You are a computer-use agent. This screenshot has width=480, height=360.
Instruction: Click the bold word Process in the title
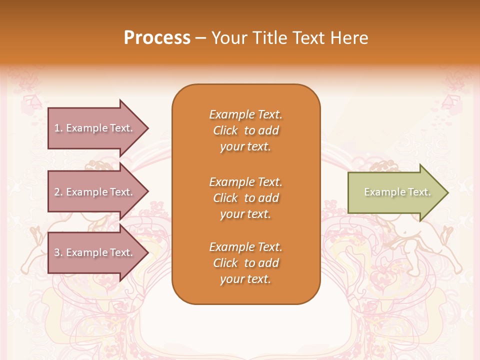click(x=157, y=38)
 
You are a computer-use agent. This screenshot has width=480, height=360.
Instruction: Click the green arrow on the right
click(x=395, y=192)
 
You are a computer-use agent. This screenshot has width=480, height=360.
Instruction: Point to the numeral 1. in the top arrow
click(x=58, y=128)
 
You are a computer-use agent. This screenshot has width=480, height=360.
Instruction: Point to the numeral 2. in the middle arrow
click(x=58, y=192)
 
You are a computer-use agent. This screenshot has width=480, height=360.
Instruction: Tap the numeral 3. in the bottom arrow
click(x=58, y=252)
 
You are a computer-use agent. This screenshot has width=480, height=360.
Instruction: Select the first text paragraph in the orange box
click(x=245, y=130)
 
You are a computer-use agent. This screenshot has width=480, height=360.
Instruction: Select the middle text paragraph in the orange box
click(x=245, y=198)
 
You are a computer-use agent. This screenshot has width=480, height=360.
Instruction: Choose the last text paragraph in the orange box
click(x=245, y=263)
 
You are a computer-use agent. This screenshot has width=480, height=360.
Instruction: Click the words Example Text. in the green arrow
click(x=397, y=192)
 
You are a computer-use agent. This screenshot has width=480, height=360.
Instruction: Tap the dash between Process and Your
click(x=200, y=38)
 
